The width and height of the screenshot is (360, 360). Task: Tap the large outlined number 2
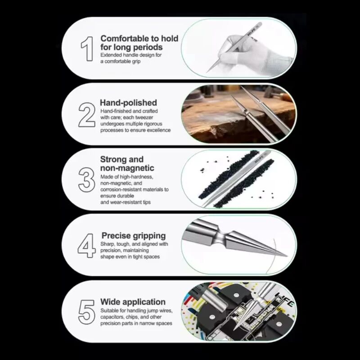pos(87,115)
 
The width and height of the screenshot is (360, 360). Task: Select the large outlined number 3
pos(86,180)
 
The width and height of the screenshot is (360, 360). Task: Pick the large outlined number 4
pos(86,246)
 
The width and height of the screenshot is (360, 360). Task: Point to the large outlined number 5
pos(86,312)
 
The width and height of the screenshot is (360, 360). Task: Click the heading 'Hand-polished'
pos(129,103)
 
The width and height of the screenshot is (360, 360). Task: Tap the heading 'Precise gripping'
pos(134,235)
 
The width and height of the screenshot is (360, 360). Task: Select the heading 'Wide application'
pos(133,301)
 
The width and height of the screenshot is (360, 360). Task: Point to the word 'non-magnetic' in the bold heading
pos(127,168)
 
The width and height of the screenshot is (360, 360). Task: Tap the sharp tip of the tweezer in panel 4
pos(287,256)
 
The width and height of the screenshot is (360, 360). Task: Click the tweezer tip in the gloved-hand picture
pos(207,72)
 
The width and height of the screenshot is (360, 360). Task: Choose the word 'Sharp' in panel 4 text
pos(108,244)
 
